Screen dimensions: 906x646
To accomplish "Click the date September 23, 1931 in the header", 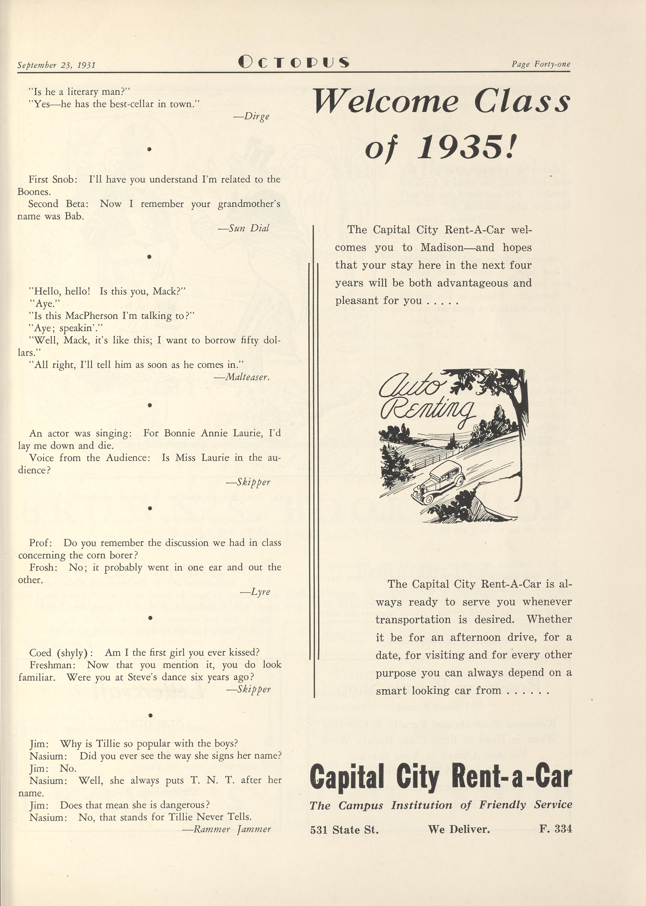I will click(x=57, y=65).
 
